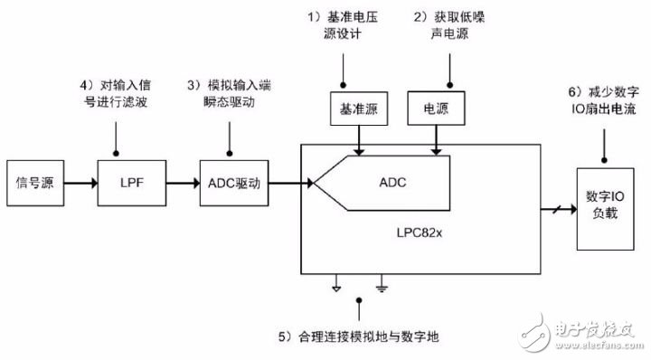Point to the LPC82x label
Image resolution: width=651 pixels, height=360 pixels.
[420, 232]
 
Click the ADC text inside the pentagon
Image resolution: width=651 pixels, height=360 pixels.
[392, 183]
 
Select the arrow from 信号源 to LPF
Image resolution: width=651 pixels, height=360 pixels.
[81, 183]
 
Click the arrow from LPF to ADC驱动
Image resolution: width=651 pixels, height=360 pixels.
[183, 183]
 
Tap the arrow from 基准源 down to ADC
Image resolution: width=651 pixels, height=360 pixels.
[359, 140]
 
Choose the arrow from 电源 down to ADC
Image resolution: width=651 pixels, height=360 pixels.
[436, 140]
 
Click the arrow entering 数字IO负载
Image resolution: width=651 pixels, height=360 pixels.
[559, 209]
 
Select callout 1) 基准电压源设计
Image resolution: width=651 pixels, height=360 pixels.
[343, 25]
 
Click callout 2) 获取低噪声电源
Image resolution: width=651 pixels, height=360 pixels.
[449, 25]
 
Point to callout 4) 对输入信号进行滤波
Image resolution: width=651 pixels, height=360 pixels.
[116, 93]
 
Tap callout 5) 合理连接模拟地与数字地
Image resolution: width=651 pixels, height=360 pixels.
[359, 336]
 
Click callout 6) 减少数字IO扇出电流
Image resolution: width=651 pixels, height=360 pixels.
[604, 100]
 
